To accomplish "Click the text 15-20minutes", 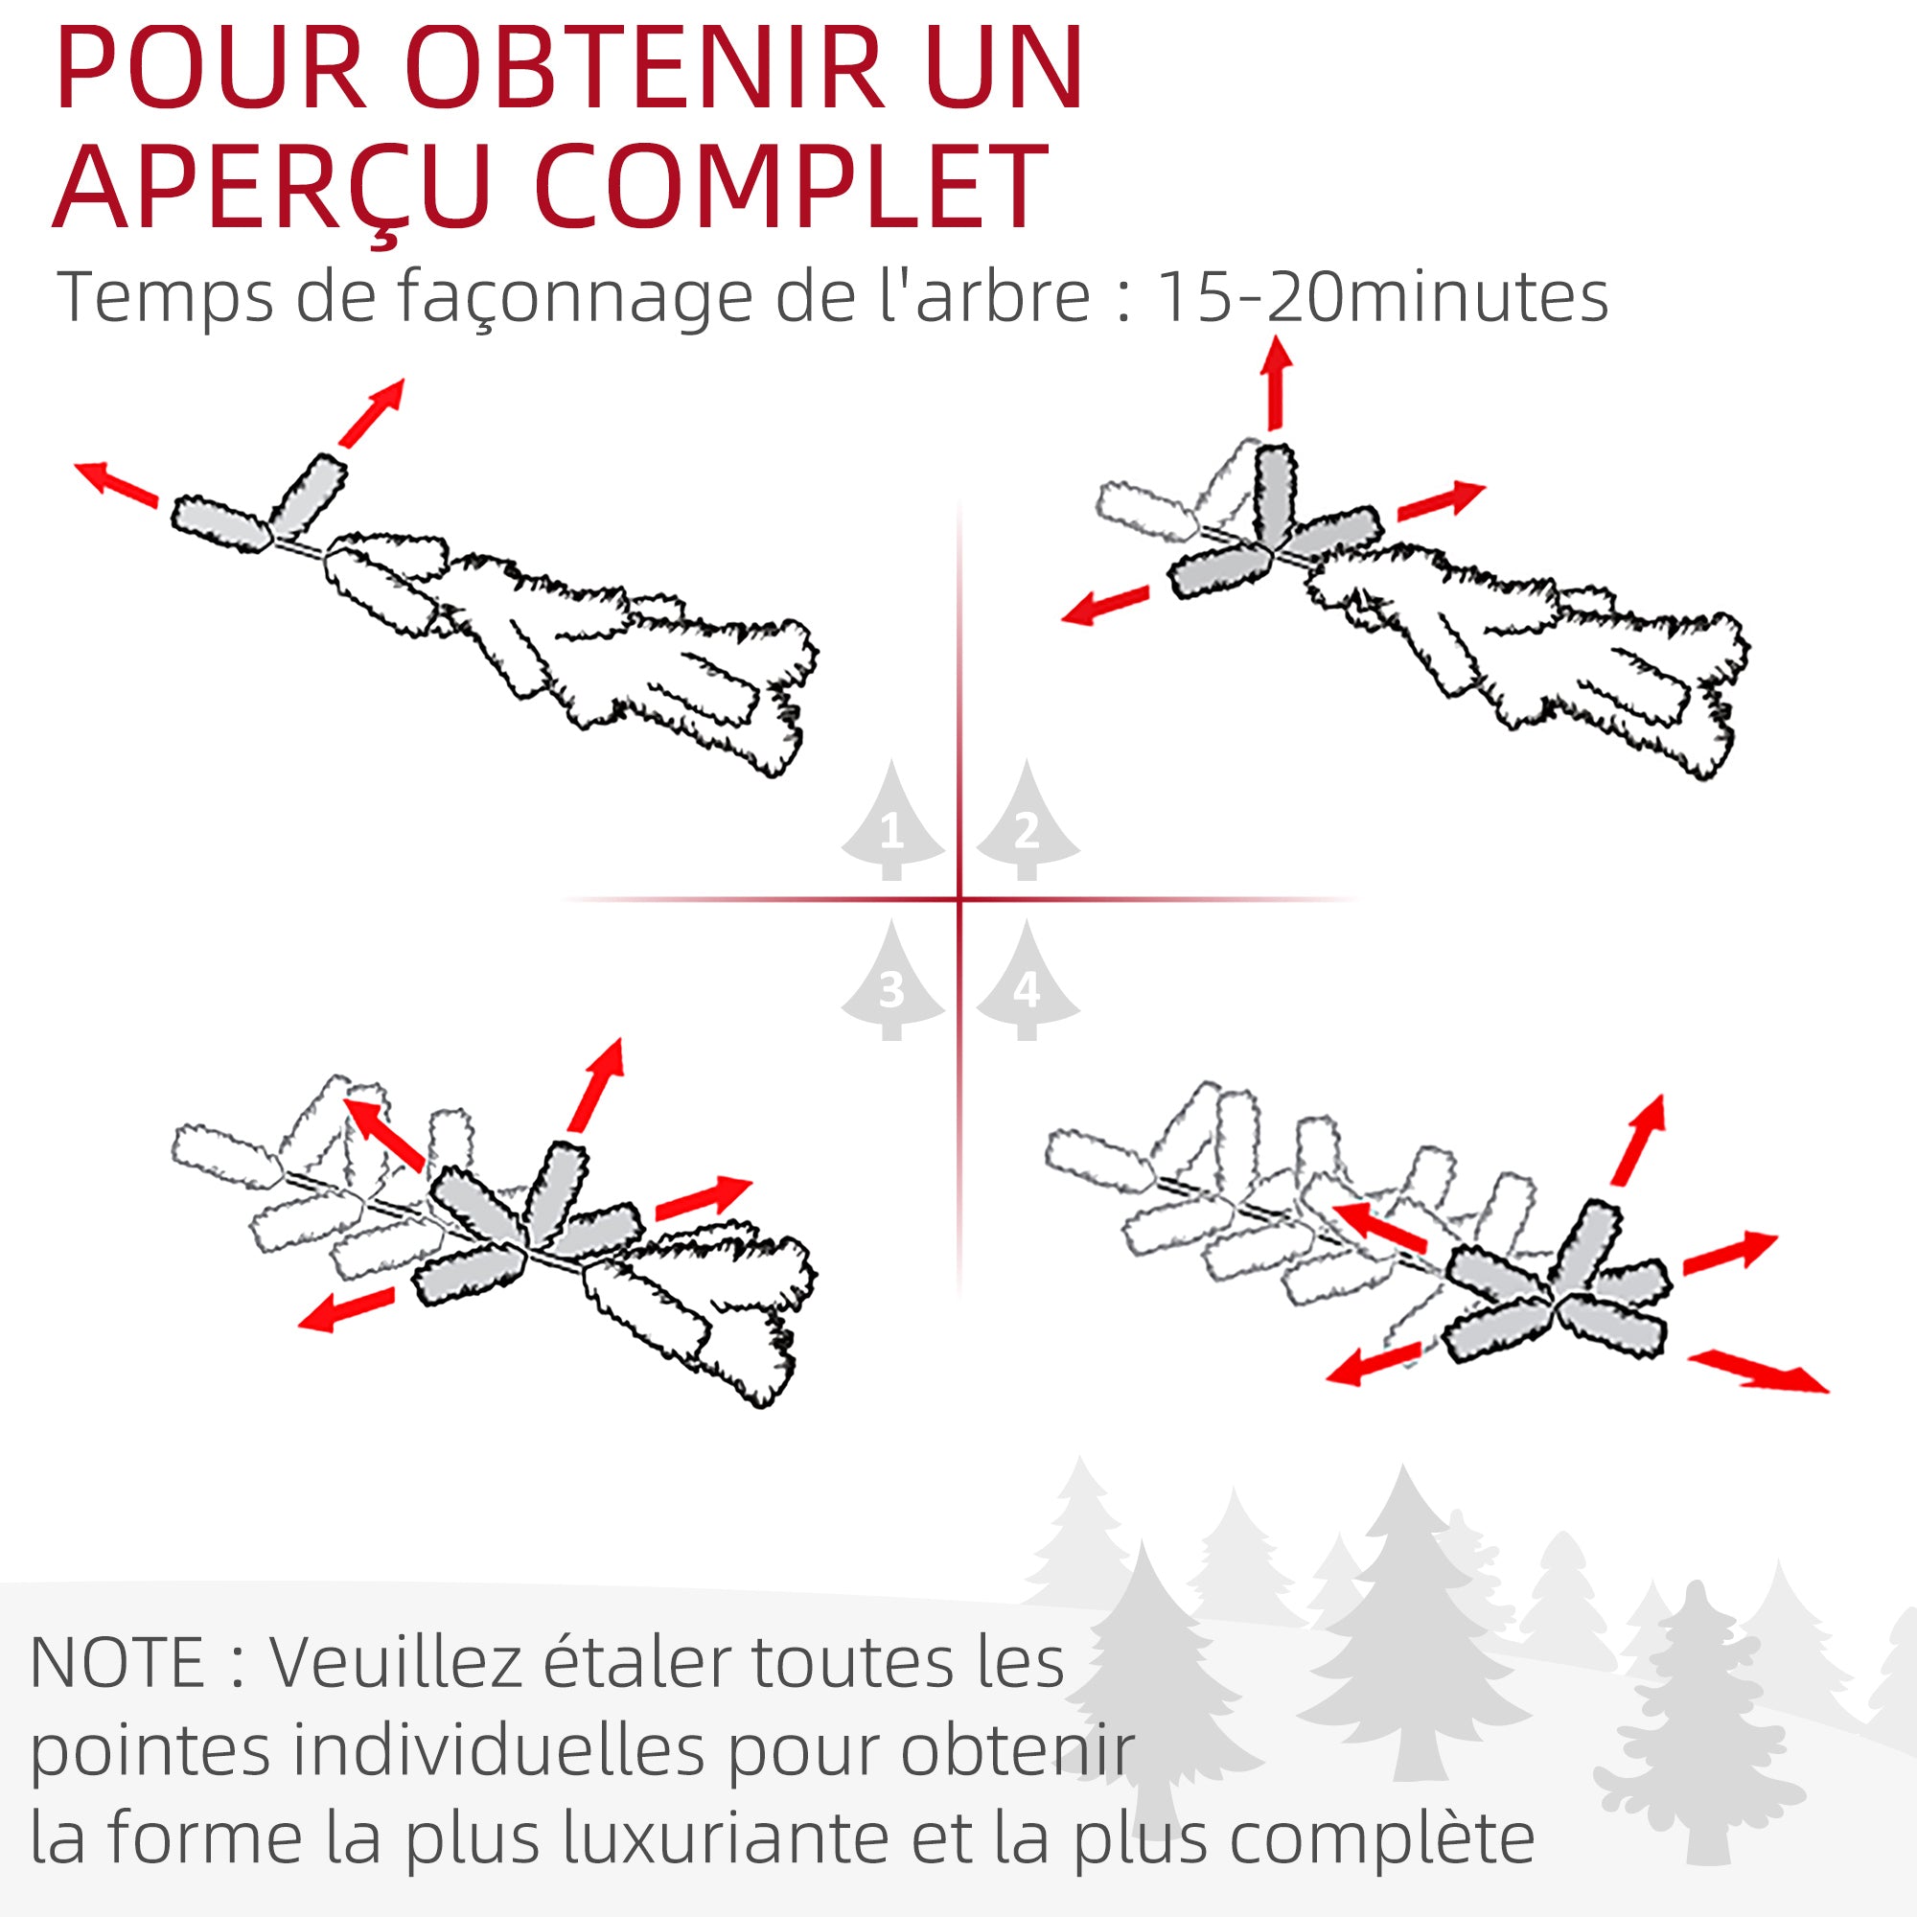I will pyautogui.click(x=1382, y=297).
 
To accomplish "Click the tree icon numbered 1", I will pyautogui.click(x=892, y=823).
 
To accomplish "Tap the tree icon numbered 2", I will pyautogui.click(x=1027, y=823).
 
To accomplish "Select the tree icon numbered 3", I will pyautogui.click(x=892, y=983).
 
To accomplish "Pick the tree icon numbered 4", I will pyautogui.click(x=1027, y=983).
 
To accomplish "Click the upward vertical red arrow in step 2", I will pyautogui.click(x=1276, y=382).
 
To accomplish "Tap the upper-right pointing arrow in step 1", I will pyautogui.click(x=372, y=412).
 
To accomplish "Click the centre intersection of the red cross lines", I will pyautogui.click(x=959, y=900).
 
